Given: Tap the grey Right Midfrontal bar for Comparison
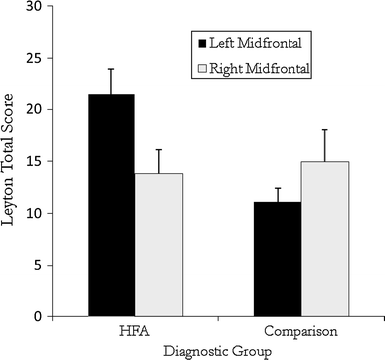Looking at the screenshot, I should (324, 239).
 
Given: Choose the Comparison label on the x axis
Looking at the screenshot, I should (300, 330).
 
